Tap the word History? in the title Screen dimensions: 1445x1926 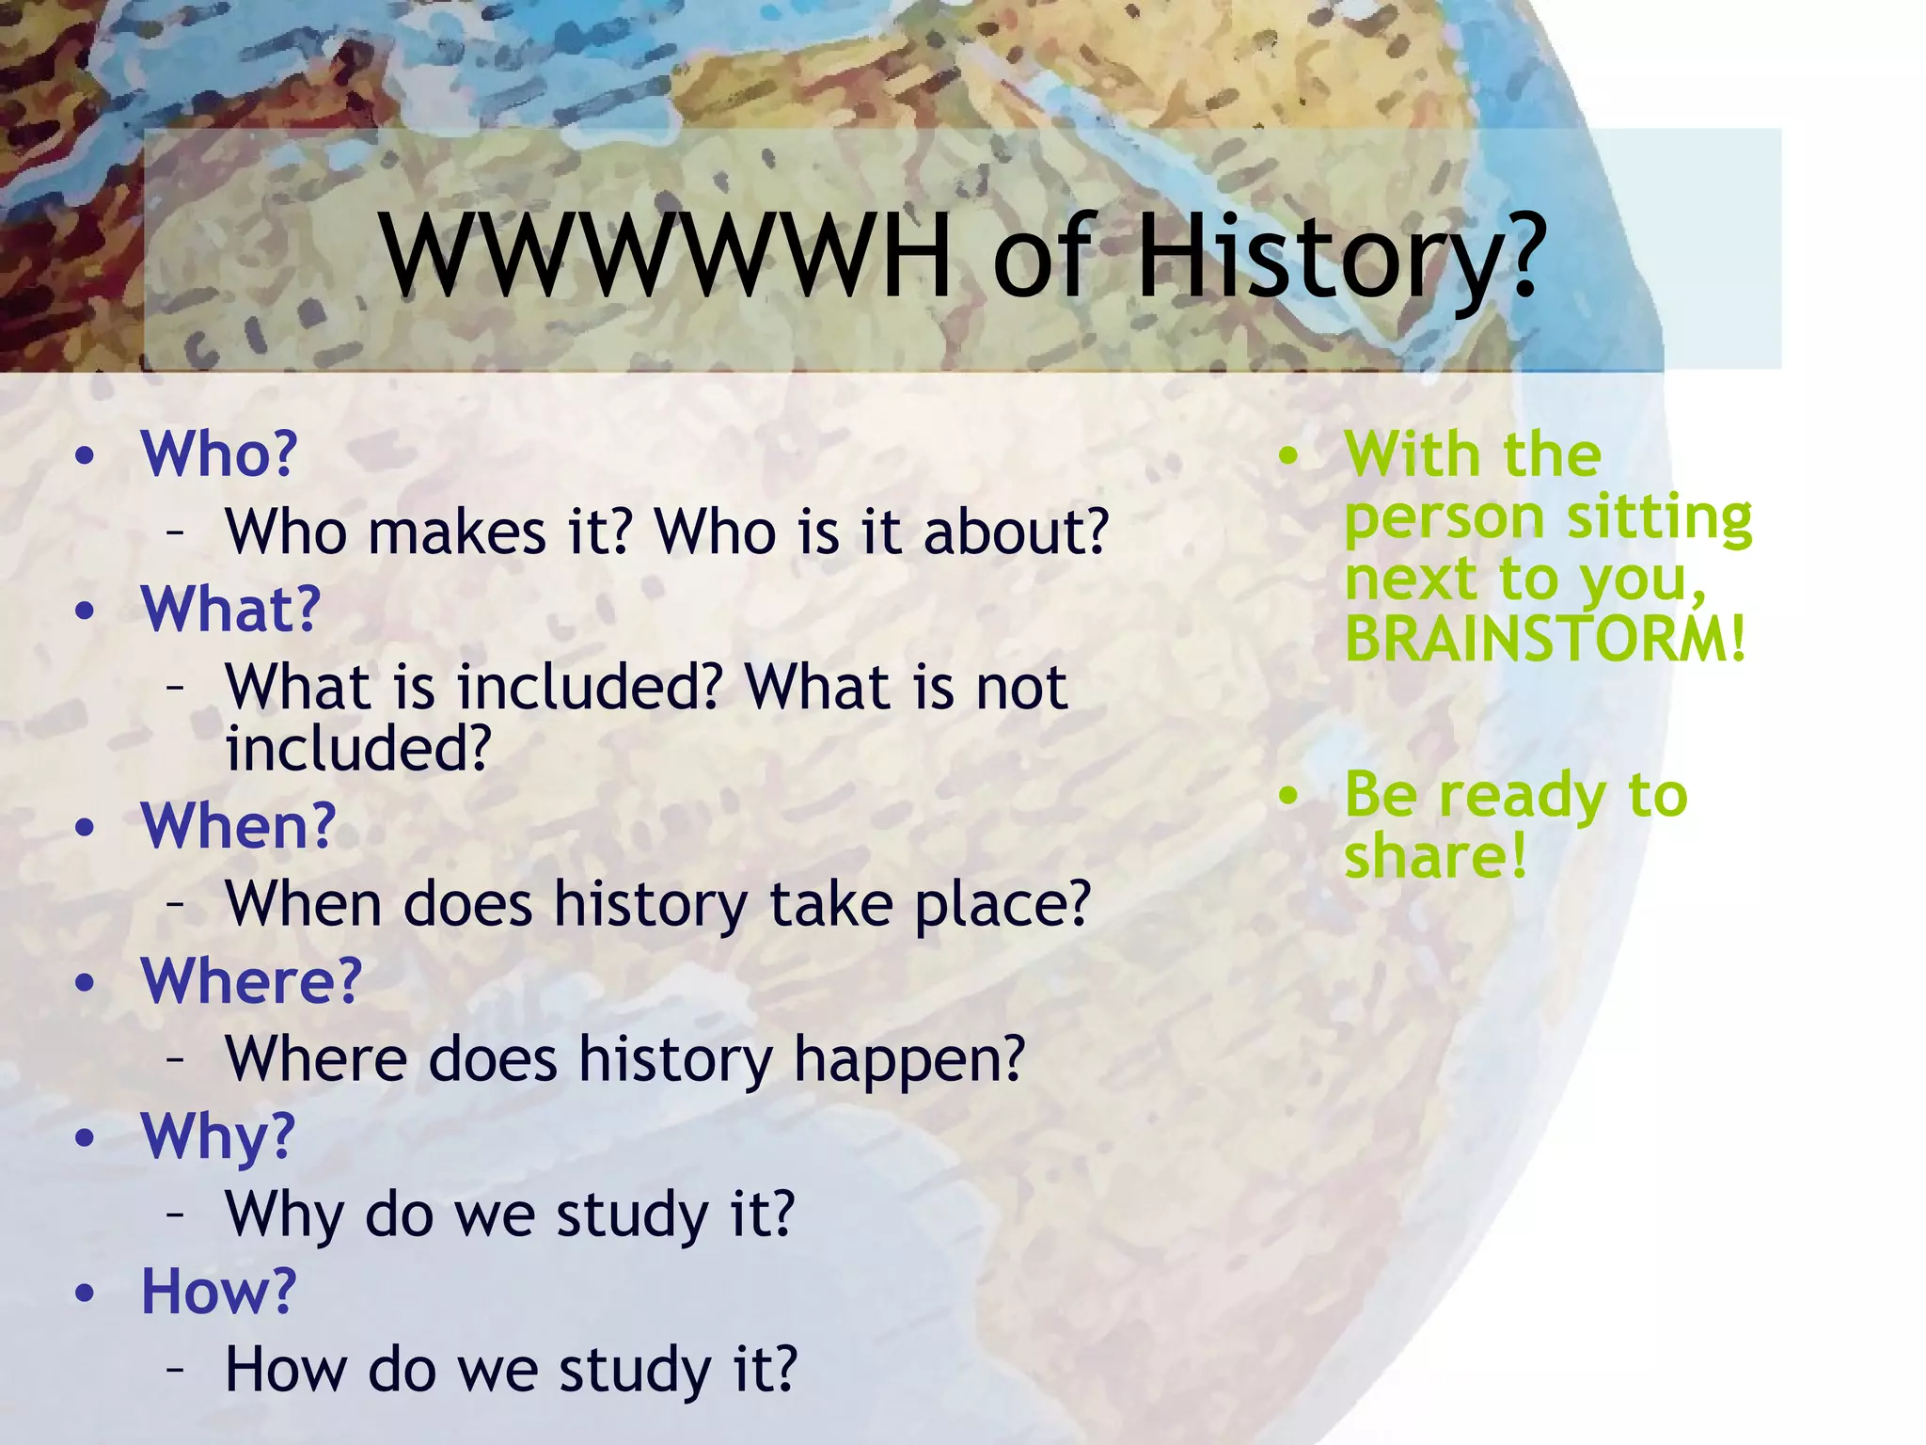[x=1339, y=256]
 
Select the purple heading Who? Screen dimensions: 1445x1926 [x=219, y=454]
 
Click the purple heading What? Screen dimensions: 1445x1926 [x=231, y=610]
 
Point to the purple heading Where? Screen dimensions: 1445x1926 [x=252, y=981]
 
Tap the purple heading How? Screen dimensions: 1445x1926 [x=218, y=1291]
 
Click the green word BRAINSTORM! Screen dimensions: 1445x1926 [x=1545, y=640]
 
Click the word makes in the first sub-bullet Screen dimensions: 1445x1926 [x=457, y=532]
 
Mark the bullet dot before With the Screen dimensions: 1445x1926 [x=1288, y=456]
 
